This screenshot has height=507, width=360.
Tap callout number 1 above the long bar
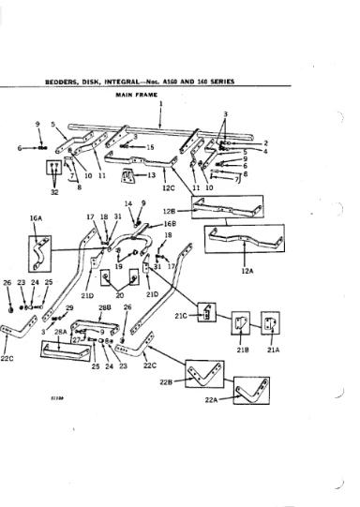[160, 103]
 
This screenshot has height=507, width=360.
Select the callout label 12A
[247, 270]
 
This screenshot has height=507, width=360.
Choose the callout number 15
[150, 148]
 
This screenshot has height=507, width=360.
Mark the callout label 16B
[170, 225]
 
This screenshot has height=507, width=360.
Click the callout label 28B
[105, 306]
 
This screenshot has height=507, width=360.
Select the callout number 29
[68, 307]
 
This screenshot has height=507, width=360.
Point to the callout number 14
[128, 203]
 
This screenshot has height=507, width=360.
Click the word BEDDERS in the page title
[61, 82]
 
